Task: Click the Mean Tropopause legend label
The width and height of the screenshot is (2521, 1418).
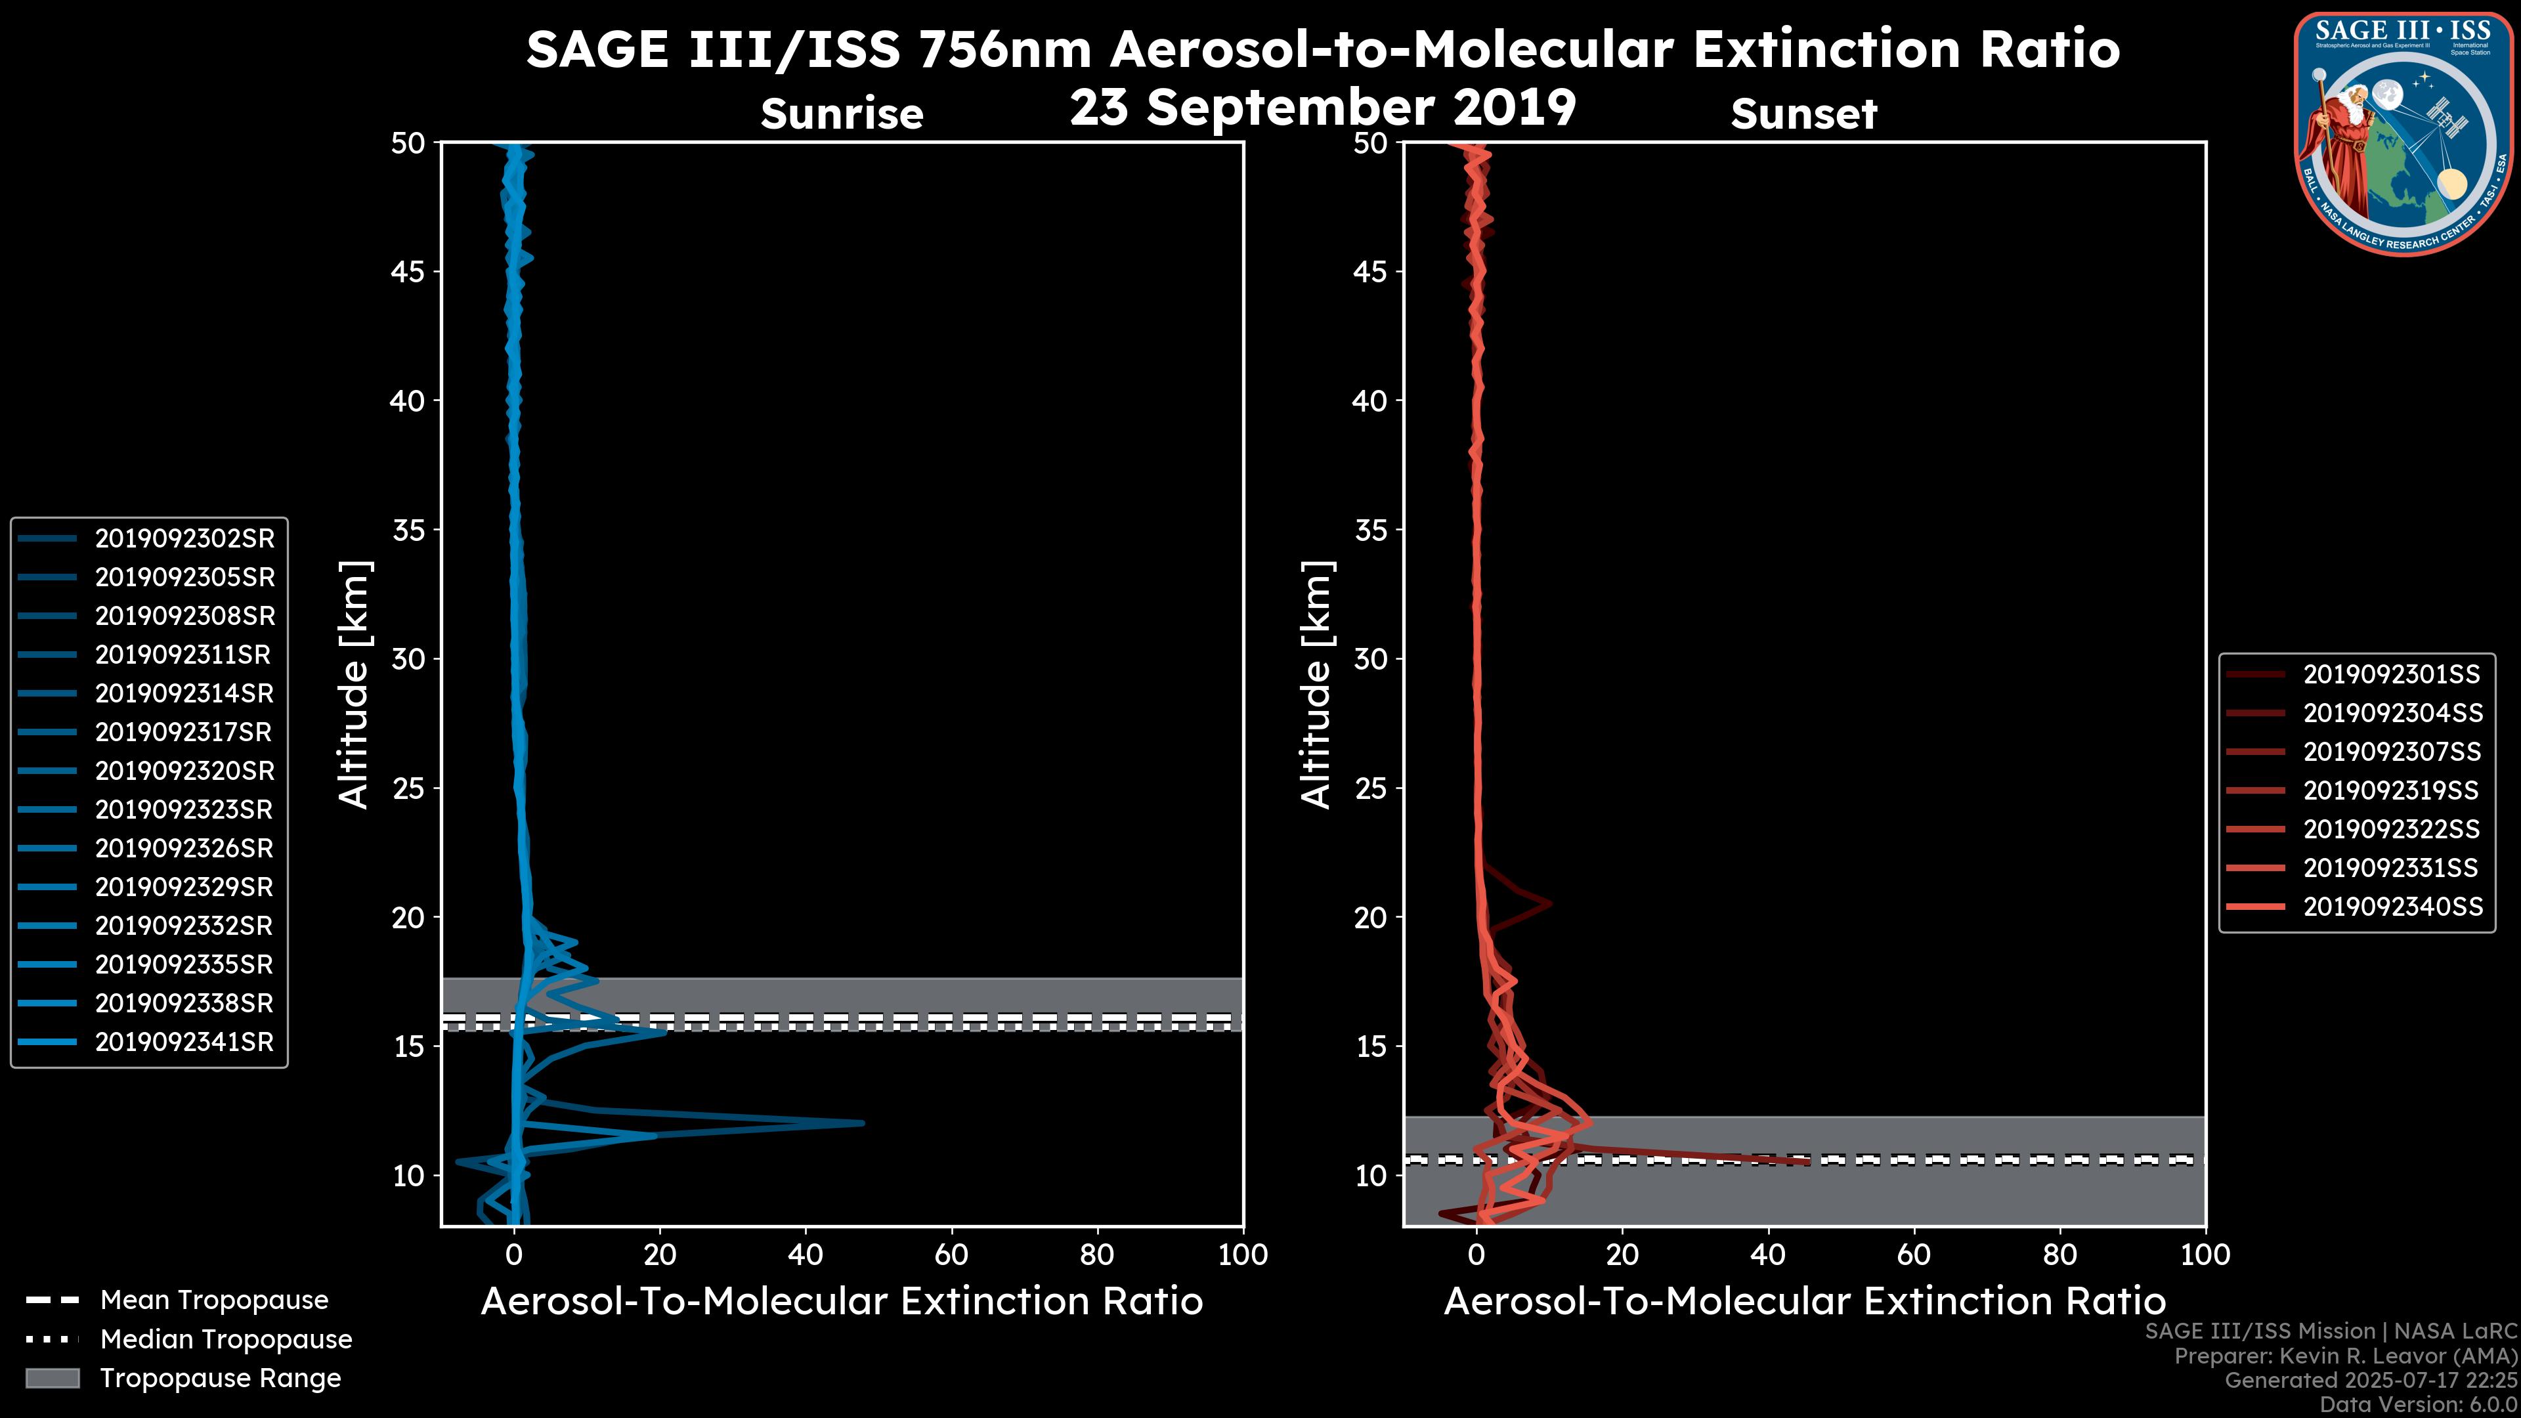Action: tap(213, 1300)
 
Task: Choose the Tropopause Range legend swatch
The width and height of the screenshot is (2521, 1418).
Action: tap(52, 1378)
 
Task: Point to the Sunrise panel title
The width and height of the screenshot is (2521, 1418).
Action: tap(842, 114)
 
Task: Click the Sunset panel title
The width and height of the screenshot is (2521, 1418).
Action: tap(1803, 114)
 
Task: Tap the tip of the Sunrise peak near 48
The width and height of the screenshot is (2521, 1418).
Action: tap(862, 1123)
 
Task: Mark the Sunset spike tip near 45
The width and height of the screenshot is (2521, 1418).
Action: tap(1807, 1161)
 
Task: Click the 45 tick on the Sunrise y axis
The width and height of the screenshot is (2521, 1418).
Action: tap(407, 271)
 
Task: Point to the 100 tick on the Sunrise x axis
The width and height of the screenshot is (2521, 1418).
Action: tap(1242, 1255)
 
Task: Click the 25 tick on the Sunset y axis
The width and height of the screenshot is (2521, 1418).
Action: tap(1370, 788)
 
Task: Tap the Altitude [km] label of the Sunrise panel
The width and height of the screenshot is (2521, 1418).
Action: tap(353, 684)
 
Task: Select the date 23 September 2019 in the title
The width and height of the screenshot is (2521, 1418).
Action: tap(1322, 106)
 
